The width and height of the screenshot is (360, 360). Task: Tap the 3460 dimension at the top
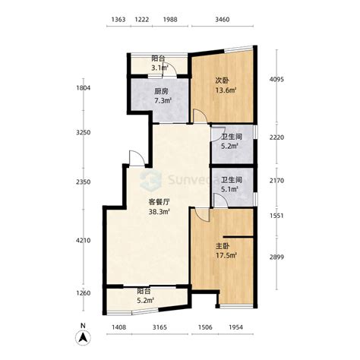click(223, 20)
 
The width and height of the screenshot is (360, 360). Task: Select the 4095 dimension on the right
click(276, 79)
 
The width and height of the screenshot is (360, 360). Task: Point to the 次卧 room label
click(222, 81)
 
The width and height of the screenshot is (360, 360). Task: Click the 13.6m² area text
click(226, 90)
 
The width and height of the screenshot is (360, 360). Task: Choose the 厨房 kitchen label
click(161, 91)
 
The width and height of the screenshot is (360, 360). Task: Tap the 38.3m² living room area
click(159, 212)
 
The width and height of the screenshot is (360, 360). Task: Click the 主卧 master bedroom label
click(223, 246)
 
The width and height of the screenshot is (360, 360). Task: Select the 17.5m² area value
click(226, 255)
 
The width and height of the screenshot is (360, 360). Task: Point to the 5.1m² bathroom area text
click(229, 189)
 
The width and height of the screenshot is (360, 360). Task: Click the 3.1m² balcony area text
click(160, 68)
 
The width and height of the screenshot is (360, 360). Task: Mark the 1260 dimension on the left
click(83, 293)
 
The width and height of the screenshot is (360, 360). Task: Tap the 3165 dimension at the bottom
click(159, 327)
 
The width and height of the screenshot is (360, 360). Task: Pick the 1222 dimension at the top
click(141, 20)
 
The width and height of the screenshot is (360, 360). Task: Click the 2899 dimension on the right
click(276, 257)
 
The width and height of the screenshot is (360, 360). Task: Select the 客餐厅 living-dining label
click(159, 202)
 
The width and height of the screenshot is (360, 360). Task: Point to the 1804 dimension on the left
click(83, 88)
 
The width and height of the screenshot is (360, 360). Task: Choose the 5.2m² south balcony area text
click(146, 301)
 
